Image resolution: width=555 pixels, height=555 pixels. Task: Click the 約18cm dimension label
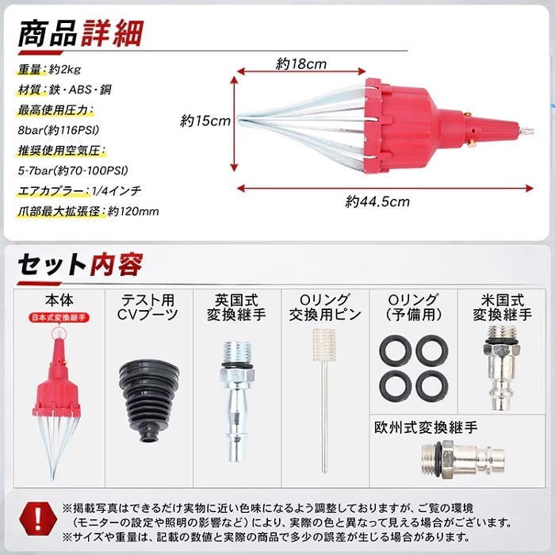(x=301, y=64)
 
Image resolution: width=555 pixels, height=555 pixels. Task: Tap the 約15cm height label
(x=205, y=121)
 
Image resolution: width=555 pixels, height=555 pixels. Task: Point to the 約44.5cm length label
(x=377, y=201)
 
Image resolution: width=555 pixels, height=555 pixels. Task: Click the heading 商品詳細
(x=81, y=33)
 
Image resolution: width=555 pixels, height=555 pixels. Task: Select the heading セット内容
(x=81, y=264)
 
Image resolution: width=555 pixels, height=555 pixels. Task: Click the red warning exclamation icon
(x=38, y=520)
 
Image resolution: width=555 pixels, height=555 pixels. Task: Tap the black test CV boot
(x=149, y=400)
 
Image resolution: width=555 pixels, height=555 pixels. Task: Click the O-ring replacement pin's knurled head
(x=323, y=345)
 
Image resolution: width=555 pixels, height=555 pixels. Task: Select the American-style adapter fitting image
(x=501, y=367)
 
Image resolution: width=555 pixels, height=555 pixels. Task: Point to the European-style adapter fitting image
(x=463, y=459)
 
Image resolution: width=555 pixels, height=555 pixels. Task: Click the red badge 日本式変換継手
(x=59, y=317)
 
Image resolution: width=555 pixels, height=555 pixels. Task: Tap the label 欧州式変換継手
(x=426, y=427)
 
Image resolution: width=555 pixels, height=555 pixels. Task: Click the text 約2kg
(x=65, y=70)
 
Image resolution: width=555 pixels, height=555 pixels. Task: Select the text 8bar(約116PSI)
(x=59, y=130)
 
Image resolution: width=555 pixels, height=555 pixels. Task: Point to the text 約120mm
(x=133, y=212)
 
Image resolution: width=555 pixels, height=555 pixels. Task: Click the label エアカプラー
(x=52, y=191)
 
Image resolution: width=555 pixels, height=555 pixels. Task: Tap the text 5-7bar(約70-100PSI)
(x=73, y=171)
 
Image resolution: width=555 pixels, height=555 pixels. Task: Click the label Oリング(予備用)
(x=413, y=307)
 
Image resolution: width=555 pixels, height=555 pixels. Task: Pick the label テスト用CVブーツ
(x=148, y=307)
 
